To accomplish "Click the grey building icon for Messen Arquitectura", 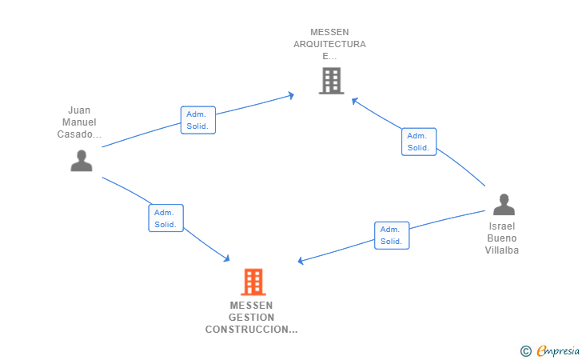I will tap(330, 81).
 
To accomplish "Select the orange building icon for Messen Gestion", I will tap(253, 282).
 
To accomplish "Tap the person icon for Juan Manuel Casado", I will tap(81, 161).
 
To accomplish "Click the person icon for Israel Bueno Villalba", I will tap(503, 205).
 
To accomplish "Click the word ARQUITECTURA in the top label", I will tap(329, 44).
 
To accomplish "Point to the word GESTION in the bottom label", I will tap(251, 317).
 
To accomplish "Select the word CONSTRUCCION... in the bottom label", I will tap(251, 329).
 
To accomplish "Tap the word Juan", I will tap(79, 110).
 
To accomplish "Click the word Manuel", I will tap(79, 122).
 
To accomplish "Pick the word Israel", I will tap(502, 226).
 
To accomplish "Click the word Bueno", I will tap(502, 238).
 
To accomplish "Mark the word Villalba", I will tap(502, 250).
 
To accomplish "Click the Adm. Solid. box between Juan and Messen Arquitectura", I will tap(197, 120).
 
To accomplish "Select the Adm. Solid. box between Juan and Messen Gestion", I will tap(165, 218).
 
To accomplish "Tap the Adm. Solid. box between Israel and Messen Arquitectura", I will tap(419, 142).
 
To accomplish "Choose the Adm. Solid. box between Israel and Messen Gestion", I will tap(392, 235).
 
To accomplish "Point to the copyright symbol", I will tap(525, 350).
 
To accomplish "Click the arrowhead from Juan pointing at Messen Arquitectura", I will tap(290, 96).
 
